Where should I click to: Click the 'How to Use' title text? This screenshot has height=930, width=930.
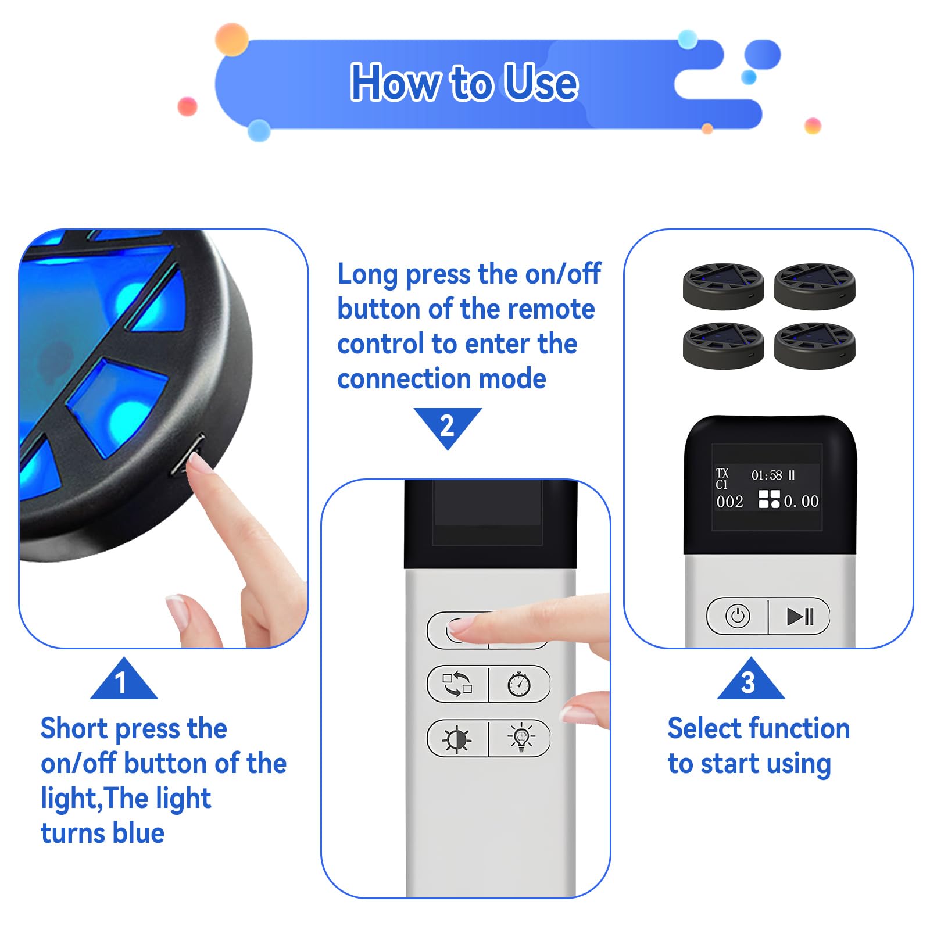coord(464,83)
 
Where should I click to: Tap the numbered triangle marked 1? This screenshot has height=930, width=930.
coord(124,679)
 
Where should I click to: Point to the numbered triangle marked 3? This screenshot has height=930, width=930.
coord(750,679)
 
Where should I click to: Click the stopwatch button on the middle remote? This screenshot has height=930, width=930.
coord(519,684)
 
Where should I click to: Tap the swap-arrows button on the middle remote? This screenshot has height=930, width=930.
coord(458,684)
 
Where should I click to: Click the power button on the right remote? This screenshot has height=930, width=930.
coord(738,616)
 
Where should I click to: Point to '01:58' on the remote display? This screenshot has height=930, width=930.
coord(767,475)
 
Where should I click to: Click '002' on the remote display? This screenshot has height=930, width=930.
coord(729,502)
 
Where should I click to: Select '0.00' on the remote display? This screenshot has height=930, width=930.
coord(801,501)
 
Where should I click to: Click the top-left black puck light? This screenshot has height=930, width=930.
coord(723,286)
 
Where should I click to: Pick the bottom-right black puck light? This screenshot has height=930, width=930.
coord(814,346)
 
